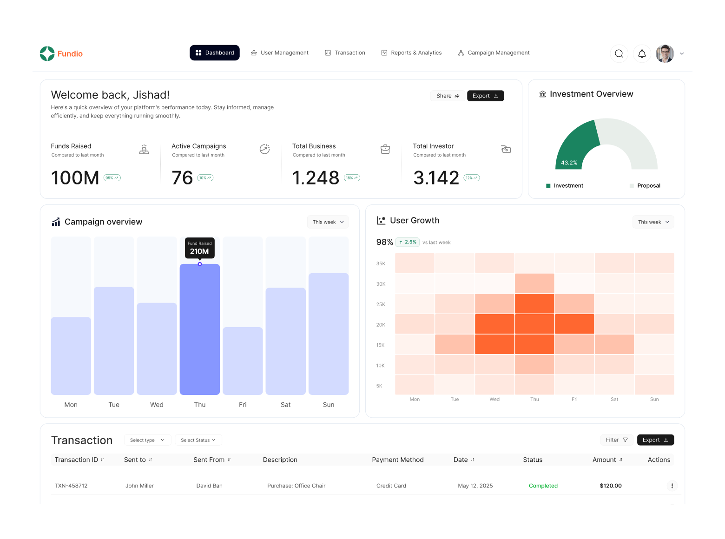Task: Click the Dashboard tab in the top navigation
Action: (x=215, y=53)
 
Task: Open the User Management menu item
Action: (x=280, y=53)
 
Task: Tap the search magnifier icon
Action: (x=619, y=54)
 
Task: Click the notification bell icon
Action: (x=642, y=54)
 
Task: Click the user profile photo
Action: (x=665, y=54)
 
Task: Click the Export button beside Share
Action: (x=485, y=96)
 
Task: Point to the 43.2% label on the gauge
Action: (x=569, y=163)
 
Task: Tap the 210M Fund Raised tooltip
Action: (x=200, y=248)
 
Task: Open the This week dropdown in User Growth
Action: (x=653, y=222)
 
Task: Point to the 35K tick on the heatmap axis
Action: (x=381, y=263)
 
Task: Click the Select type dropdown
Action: (x=147, y=440)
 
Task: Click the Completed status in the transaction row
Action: (x=543, y=486)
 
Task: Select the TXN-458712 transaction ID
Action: (x=71, y=486)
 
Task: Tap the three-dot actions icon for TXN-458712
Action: (x=672, y=486)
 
